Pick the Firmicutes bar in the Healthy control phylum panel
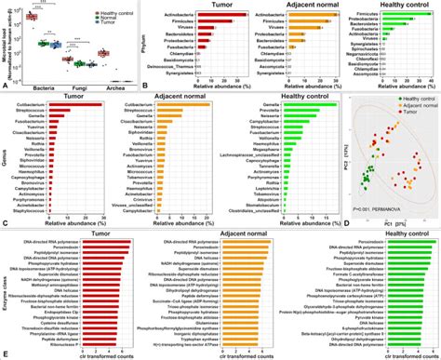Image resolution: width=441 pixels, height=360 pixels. [405, 16]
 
